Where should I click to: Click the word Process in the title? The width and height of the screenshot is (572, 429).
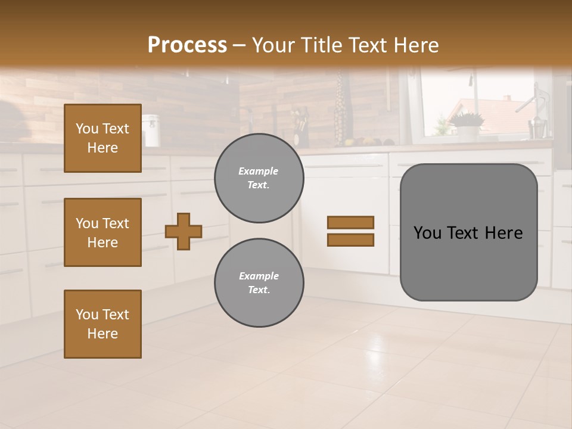[187, 45]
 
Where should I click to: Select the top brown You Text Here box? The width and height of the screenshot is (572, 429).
[102, 138]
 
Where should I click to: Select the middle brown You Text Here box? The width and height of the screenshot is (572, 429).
[102, 232]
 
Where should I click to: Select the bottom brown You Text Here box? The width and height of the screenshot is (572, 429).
[102, 324]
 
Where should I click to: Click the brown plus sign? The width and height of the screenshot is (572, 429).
[184, 231]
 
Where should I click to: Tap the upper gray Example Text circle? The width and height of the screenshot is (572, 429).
[259, 178]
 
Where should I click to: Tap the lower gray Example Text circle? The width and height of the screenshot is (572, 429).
[259, 283]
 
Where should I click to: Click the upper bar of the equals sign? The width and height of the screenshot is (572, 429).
[350, 223]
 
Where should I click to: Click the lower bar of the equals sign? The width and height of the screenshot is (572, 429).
[350, 240]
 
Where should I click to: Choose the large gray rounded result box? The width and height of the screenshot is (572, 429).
[468, 232]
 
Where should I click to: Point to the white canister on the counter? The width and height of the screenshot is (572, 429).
[150, 130]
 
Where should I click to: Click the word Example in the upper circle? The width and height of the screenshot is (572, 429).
[259, 172]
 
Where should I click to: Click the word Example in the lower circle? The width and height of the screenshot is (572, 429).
[259, 276]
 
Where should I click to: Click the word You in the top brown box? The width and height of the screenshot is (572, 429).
[87, 129]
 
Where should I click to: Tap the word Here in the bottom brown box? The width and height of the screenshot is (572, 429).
[102, 334]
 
